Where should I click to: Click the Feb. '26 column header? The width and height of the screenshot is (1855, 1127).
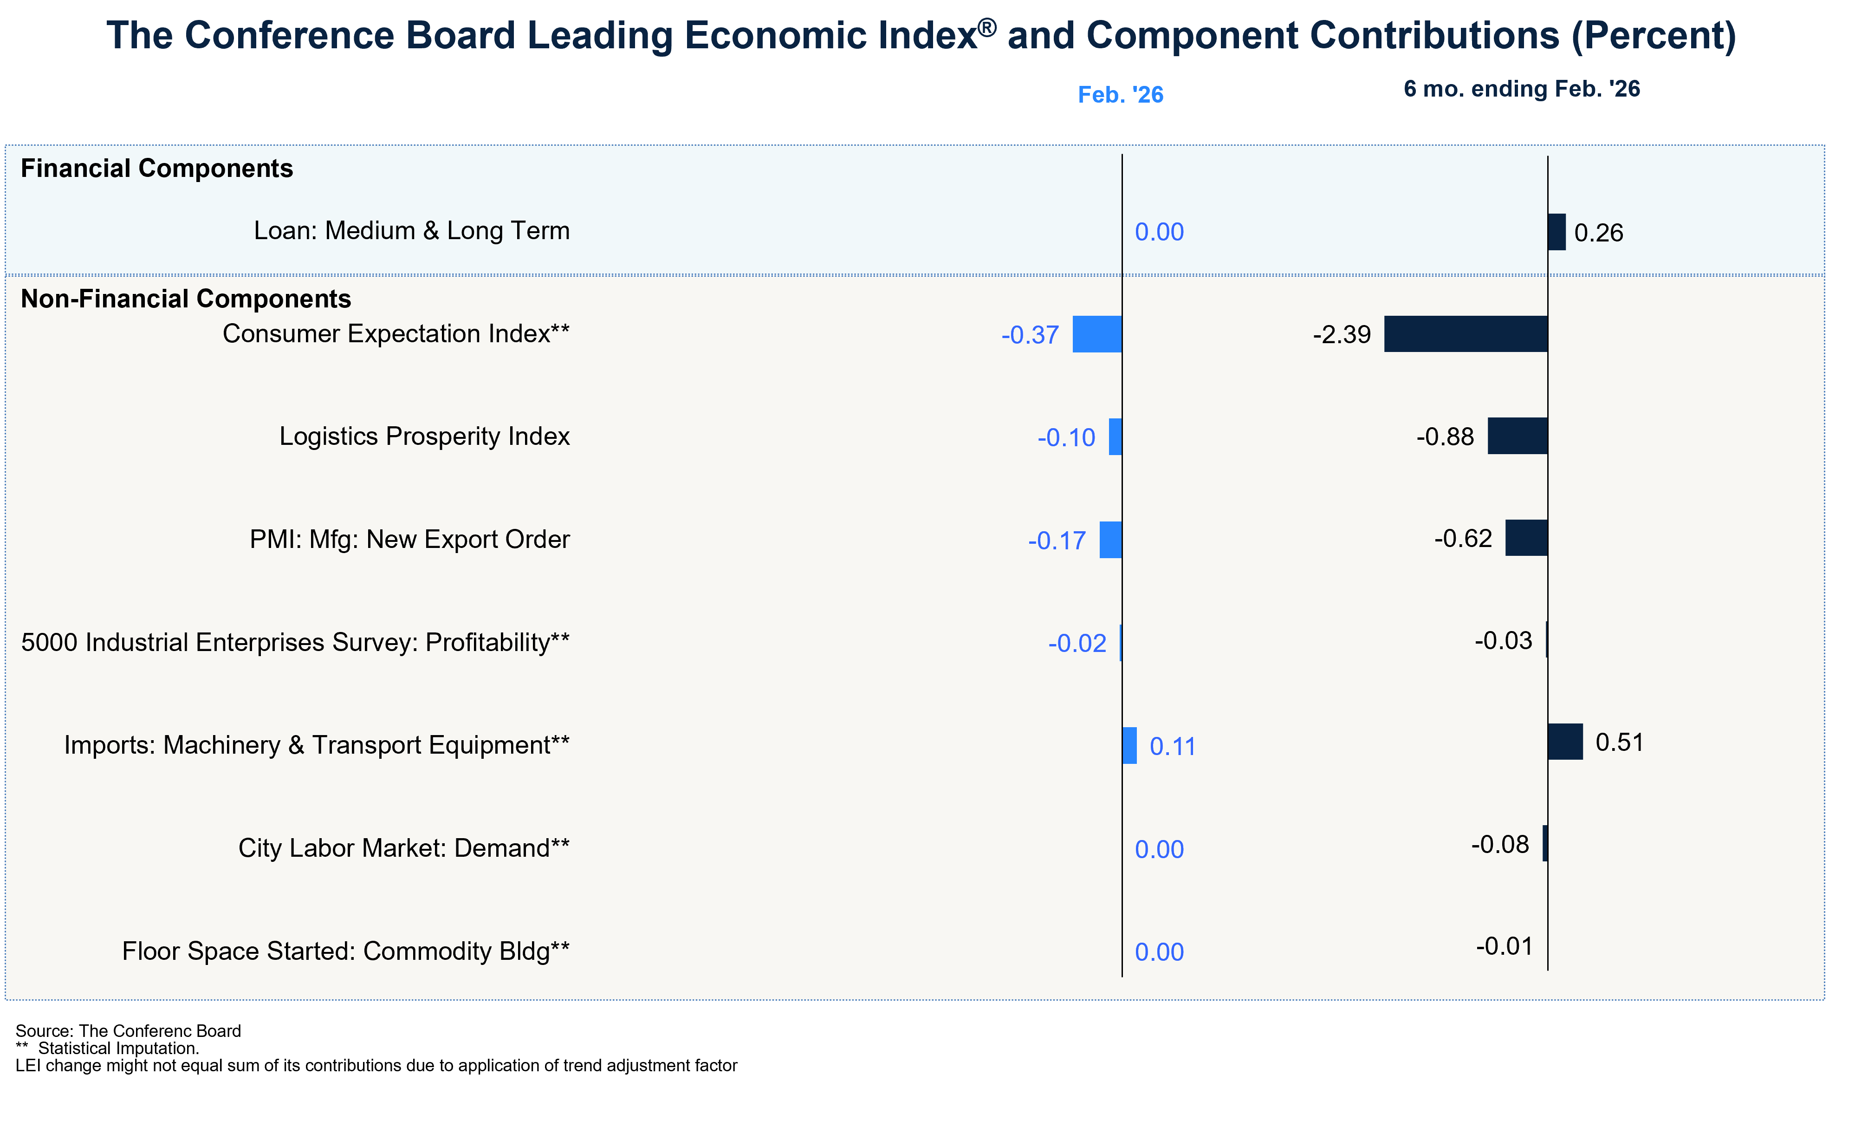(x=1120, y=95)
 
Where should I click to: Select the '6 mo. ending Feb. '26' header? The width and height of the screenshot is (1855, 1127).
(x=1522, y=89)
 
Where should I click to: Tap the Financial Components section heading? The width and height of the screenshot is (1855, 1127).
(x=156, y=169)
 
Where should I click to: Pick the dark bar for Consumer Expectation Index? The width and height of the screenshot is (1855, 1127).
(x=1466, y=334)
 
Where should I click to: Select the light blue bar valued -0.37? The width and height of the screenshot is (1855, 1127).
(x=1097, y=334)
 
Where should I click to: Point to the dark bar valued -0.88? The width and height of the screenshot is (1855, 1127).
(x=1518, y=436)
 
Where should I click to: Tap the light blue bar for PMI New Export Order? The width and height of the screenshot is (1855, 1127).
(x=1110, y=540)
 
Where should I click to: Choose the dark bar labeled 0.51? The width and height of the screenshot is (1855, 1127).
(x=1565, y=742)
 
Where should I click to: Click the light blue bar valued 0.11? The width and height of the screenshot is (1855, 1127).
(x=1129, y=745)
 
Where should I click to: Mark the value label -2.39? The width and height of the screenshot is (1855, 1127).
(x=1342, y=334)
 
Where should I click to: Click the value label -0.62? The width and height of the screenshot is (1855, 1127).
(x=1463, y=538)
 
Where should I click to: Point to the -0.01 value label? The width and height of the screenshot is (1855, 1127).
(x=1504, y=946)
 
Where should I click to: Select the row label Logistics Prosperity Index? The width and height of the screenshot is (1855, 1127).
(x=425, y=436)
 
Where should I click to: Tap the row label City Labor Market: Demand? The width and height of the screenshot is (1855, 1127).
(x=403, y=848)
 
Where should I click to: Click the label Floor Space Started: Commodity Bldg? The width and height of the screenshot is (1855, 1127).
(x=345, y=951)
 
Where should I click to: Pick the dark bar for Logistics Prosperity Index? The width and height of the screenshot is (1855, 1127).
(x=1518, y=436)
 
